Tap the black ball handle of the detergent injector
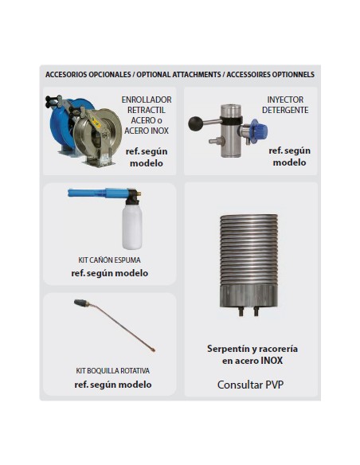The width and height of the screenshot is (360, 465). click(194, 123)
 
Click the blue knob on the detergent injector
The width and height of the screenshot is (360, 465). click(260, 130)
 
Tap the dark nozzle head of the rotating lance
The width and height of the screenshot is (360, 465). click(81, 303)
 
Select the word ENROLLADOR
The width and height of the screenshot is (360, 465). click(147, 100)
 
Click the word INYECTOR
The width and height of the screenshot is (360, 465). click(285, 100)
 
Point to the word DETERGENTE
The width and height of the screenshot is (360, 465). click(285, 110)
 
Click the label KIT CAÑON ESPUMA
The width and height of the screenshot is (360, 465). click(109, 260)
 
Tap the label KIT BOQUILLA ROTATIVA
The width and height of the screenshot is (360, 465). click(112, 371)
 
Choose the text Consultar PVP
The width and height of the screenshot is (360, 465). click(251, 385)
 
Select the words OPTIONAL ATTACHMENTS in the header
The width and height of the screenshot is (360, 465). click(178, 74)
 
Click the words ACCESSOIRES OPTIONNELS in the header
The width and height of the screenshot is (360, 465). click(271, 74)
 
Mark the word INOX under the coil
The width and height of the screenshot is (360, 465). click(272, 361)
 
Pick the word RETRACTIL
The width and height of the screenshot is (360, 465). click(147, 110)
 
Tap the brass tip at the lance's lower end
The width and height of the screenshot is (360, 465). click(153, 350)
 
